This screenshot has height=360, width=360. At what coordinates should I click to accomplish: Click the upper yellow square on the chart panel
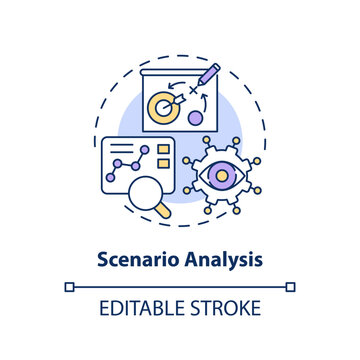tap(164, 153)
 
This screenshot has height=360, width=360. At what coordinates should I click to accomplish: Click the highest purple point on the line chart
tap(143, 150)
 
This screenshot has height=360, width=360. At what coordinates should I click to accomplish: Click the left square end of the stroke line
tap(68, 287)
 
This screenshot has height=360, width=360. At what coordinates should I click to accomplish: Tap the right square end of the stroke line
tap(291, 287)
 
